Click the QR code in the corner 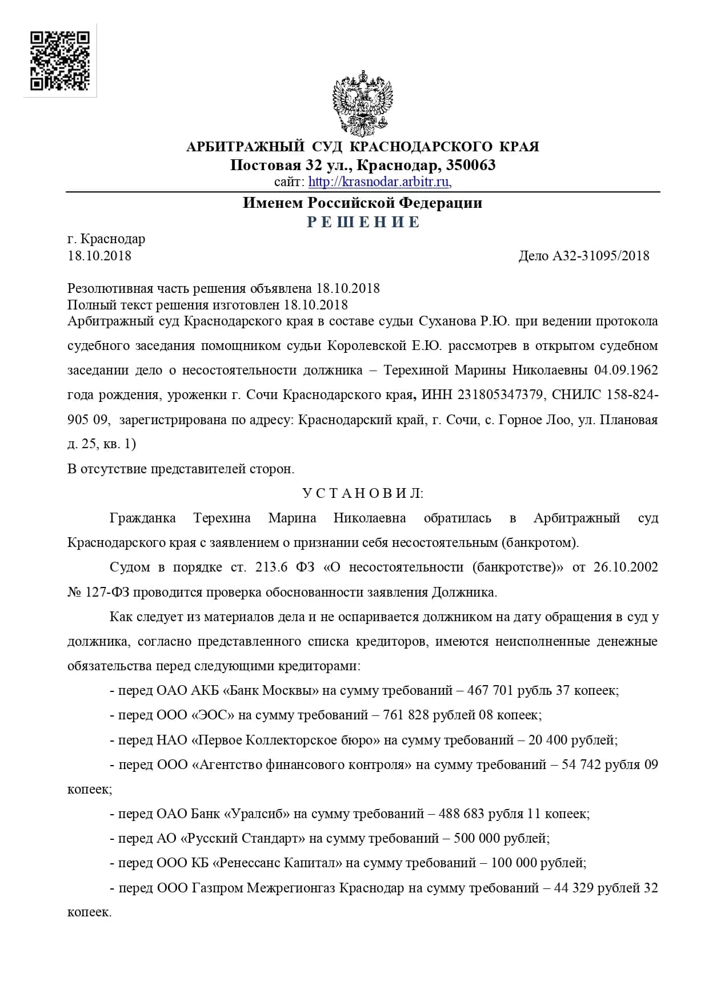pyautogui.click(x=60, y=61)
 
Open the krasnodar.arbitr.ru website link pyautogui.click(x=379, y=182)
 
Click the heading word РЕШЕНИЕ pyautogui.click(x=363, y=222)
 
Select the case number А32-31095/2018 pyautogui.click(x=600, y=256)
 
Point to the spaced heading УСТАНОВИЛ pyautogui.click(x=363, y=493)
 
